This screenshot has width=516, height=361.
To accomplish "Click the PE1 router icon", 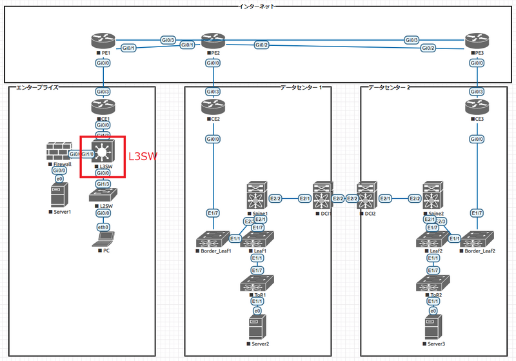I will (102, 41).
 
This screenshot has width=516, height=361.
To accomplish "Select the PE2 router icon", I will (212, 41).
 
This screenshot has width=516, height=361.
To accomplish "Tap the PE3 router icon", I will (475, 41).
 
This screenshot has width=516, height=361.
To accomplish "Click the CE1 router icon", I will (102, 108).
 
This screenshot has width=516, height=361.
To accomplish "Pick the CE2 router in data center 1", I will (212, 108).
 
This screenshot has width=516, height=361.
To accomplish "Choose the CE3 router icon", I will (475, 108).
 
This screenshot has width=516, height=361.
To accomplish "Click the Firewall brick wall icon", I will (58, 152).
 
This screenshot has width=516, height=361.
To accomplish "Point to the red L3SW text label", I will (143, 156).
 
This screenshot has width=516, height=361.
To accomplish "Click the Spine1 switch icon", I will (257, 196).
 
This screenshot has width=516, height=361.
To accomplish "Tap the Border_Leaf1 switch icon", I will (212, 238).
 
